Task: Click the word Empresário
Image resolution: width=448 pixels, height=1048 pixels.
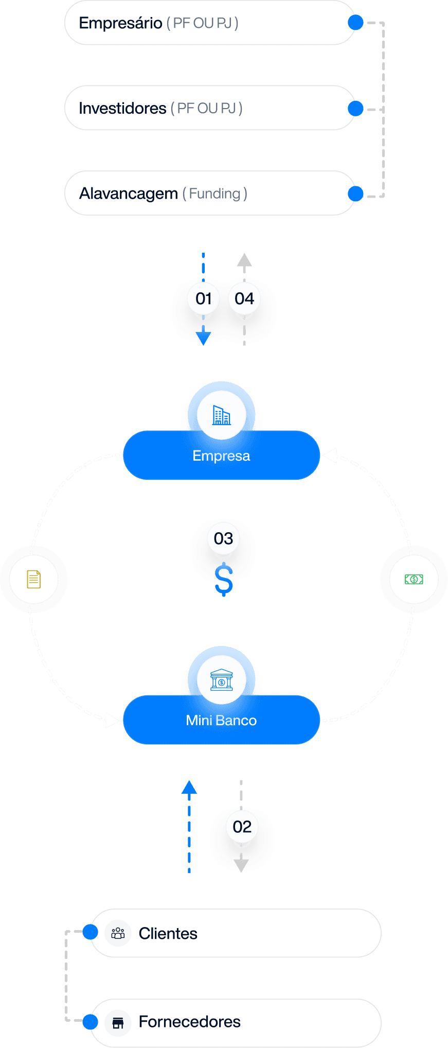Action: [x=120, y=23]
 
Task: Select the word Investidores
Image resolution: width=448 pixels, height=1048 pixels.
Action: [x=122, y=109]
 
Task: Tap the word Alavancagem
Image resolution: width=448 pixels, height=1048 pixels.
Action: [x=128, y=194]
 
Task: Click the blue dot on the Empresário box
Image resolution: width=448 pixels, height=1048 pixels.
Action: [x=355, y=23]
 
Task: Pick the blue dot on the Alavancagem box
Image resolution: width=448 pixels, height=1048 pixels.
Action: [x=355, y=194]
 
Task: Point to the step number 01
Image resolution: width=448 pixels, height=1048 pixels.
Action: [x=204, y=299]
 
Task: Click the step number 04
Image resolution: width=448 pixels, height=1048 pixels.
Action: [x=244, y=299]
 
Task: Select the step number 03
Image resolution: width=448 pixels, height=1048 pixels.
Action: [x=223, y=538]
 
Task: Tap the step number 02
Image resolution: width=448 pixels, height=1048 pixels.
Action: [x=242, y=827]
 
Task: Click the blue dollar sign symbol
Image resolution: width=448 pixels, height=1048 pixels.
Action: [x=224, y=580]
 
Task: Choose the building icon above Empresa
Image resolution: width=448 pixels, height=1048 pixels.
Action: [x=222, y=415]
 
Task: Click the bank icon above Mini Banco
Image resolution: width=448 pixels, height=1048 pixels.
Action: [x=222, y=680]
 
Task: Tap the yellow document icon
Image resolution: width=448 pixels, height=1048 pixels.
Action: [x=34, y=579]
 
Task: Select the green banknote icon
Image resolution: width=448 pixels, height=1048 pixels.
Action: [x=414, y=579]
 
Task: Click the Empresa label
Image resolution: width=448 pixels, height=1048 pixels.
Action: [x=221, y=456]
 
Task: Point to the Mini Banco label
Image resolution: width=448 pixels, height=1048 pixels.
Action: [x=221, y=721]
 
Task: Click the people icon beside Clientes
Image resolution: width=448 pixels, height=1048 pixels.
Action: [x=118, y=933]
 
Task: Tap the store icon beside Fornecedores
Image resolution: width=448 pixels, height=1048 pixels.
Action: [x=118, y=1022]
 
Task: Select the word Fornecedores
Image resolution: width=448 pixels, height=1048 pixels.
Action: [x=189, y=1022]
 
